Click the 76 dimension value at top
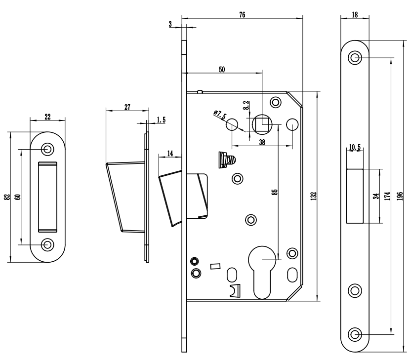pos(242,15)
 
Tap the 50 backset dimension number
pos(222,70)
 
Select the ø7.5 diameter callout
pos(220,115)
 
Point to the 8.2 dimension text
pos(246,105)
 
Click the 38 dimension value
pos(262,142)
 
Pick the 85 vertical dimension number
pos(275,192)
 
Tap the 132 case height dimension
pos(313,196)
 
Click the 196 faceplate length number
pos(401,196)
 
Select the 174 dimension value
pos(387,196)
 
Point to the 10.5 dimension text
pos(355,148)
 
